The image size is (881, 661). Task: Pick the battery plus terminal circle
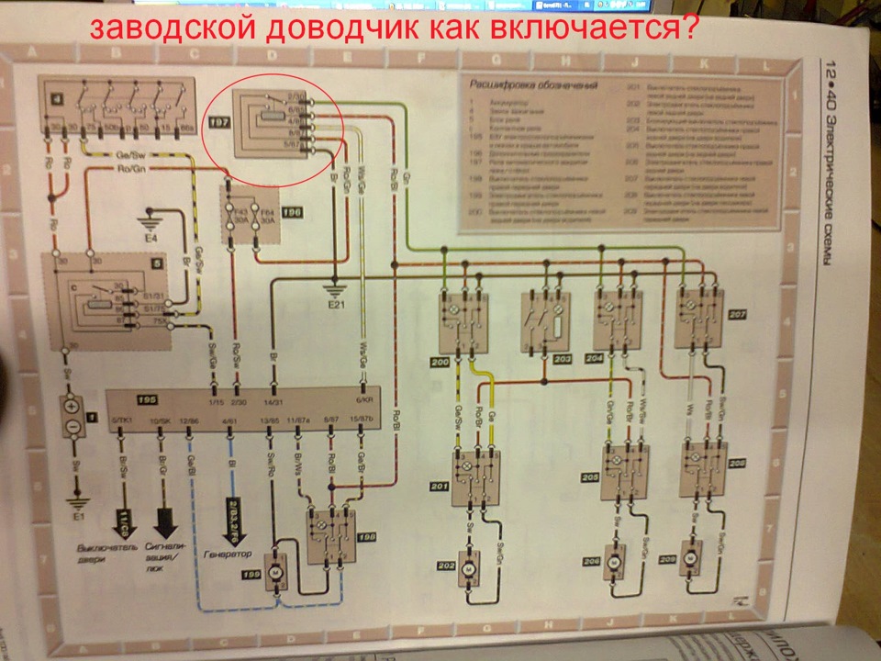click(71, 405)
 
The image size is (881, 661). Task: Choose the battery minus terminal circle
click(71, 429)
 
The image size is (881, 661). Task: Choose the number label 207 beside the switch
click(737, 315)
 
